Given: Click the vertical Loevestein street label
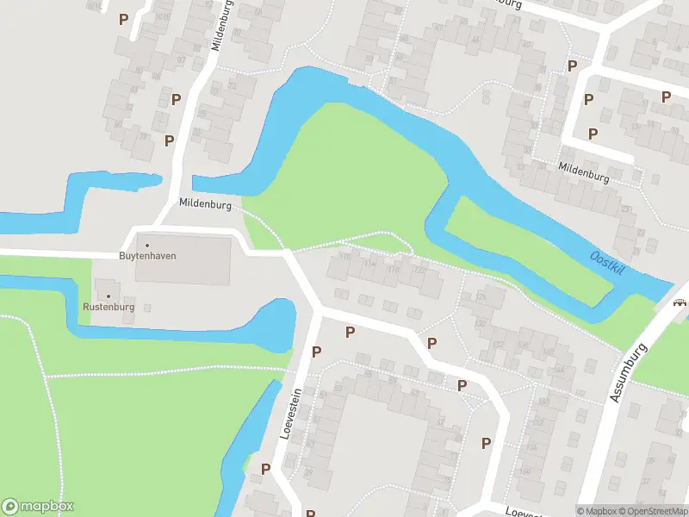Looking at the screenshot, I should (x=291, y=413).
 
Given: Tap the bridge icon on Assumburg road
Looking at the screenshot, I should (x=680, y=302).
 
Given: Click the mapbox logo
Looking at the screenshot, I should (x=39, y=506).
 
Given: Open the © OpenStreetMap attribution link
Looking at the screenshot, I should (x=652, y=511).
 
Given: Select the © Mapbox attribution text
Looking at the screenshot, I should (x=596, y=511).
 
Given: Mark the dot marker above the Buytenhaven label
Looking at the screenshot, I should (x=146, y=245).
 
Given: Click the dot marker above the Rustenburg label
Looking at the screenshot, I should (x=108, y=296).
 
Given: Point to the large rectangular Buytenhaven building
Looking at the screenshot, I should (x=183, y=260).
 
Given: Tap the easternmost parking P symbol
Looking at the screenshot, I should (x=666, y=97).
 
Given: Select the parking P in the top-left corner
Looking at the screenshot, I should (x=123, y=19).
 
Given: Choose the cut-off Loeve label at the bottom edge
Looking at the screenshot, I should (x=522, y=511).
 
